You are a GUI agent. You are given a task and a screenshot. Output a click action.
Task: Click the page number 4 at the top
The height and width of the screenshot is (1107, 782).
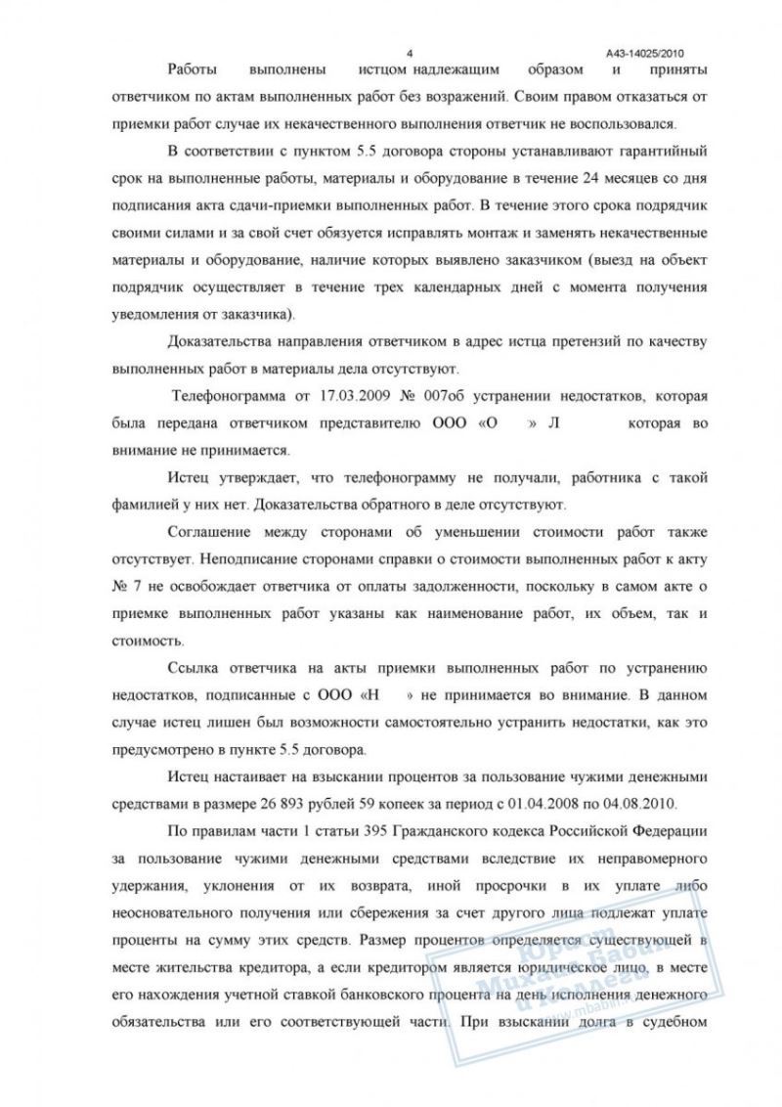pos(411,53)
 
